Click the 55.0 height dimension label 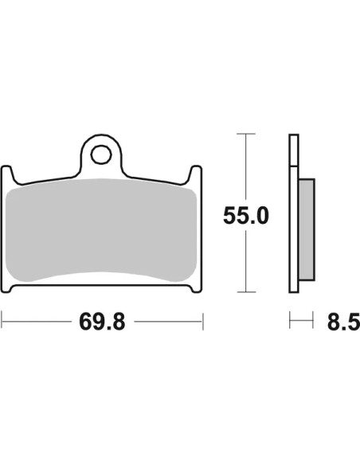(246, 216)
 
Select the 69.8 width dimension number (102, 322)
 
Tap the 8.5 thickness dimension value (343, 322)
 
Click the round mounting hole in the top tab (101, 154)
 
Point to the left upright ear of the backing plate (7, 175)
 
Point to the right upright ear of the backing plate (196, 175)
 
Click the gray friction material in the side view (307, 229)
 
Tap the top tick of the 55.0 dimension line (246, 134)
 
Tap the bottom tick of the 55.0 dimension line (246, 292)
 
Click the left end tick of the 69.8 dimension (2, 321)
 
